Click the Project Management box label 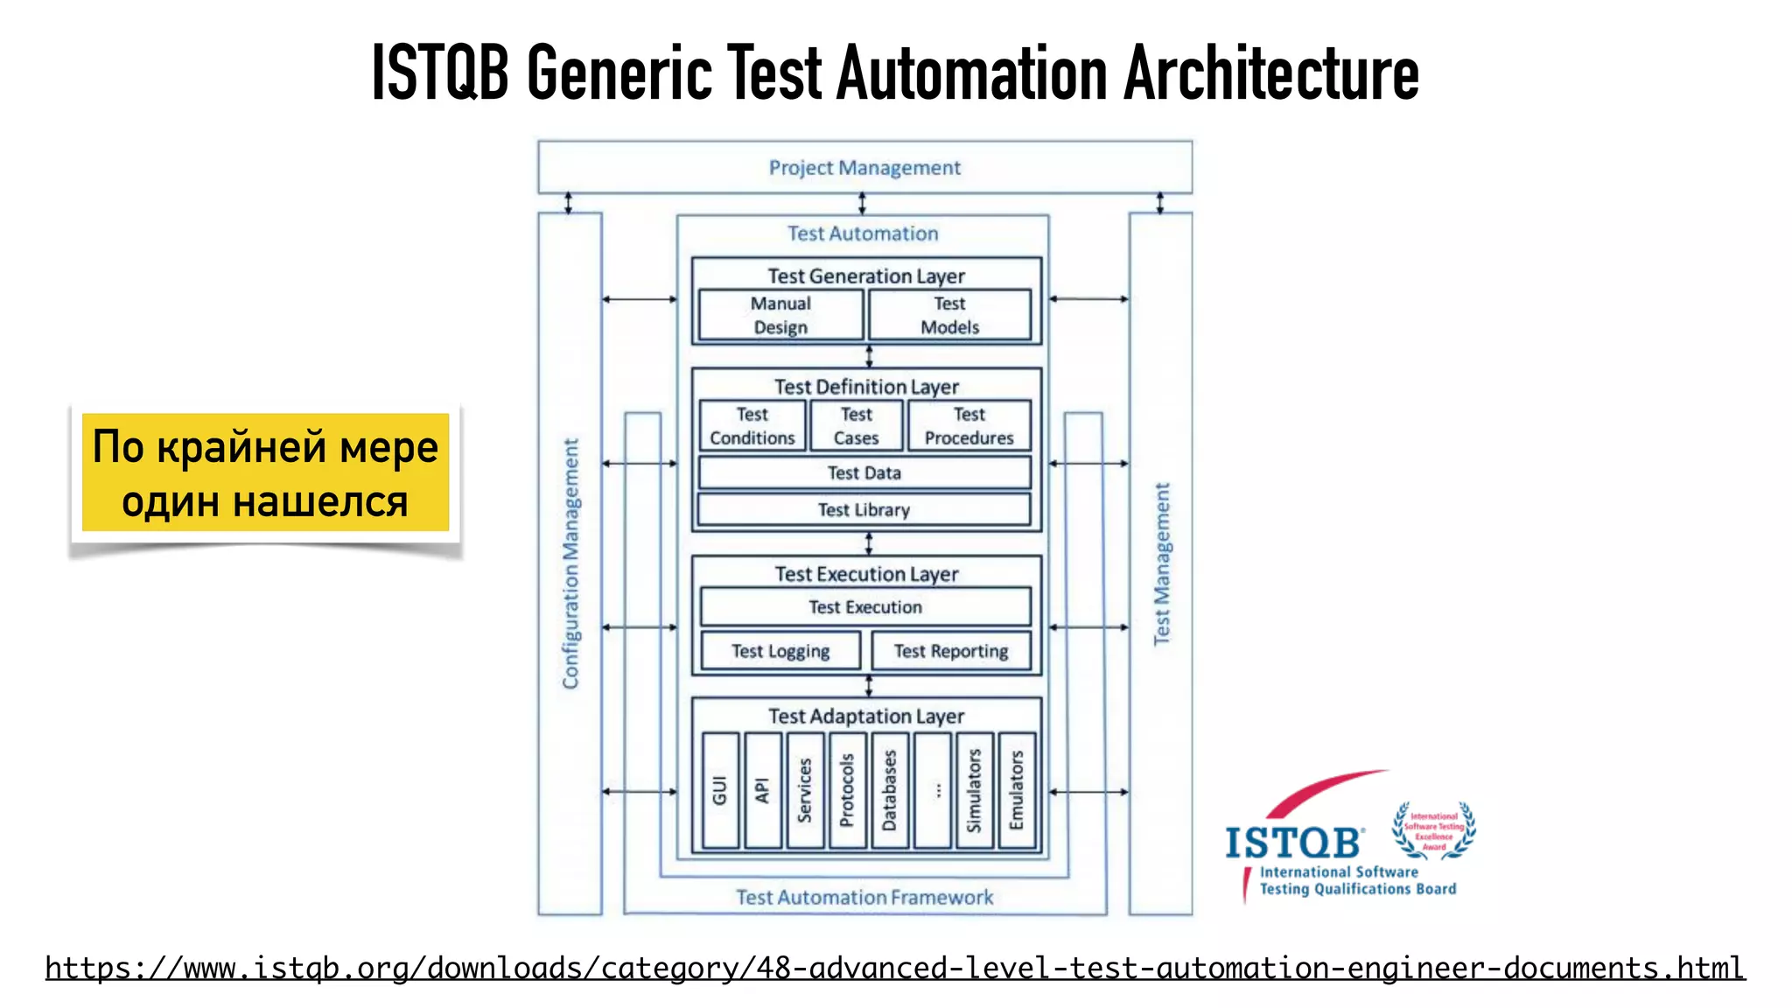tap(864, 167)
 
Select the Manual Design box tap(780, 315)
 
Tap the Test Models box tap(949, 315)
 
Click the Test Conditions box tap(752, 426)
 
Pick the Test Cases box tap(857, 426)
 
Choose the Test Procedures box tap(969, 426)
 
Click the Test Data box tap(864, 472)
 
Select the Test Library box tap(864, 510)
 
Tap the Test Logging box tap(780, 651)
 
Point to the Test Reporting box tap(951, 651)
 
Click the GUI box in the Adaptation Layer tap(720, 790)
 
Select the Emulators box tap(1017, 790)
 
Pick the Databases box tap(890, 790)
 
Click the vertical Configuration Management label tap(570, 563)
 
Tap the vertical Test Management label tap(1161, 563)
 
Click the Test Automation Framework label tap(864, 897)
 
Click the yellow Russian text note tap(265, 473)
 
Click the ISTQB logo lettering tap(1293, 843)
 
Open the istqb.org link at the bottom tap(894, 969)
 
